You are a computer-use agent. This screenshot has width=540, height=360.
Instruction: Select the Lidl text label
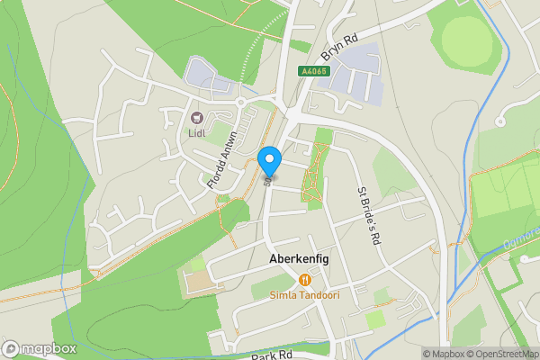coord(198,134)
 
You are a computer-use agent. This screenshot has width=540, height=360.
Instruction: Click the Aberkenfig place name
coord(299,258)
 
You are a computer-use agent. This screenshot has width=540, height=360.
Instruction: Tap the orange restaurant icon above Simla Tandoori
coord(305,280)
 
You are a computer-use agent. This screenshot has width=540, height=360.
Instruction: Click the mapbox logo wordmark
coord(40,348)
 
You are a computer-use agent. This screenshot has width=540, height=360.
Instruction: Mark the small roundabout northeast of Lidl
coord(242,103)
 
